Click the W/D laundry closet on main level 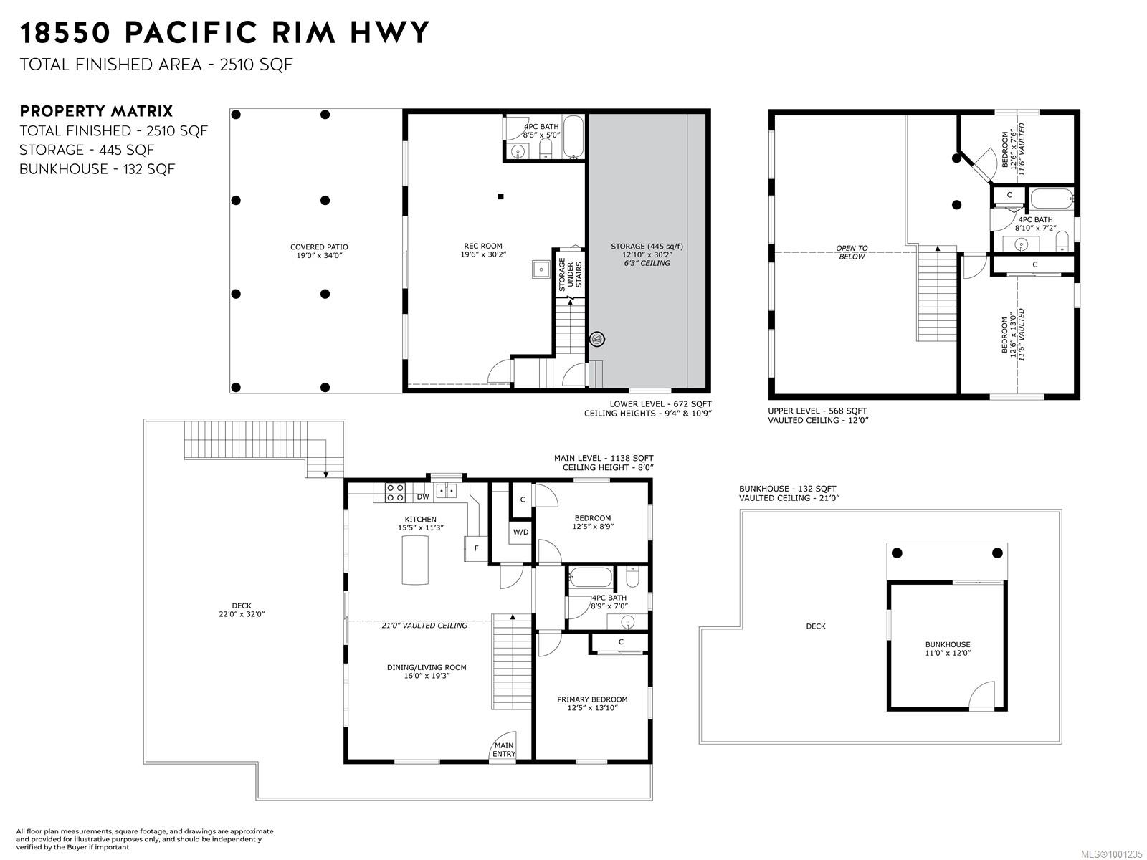click(520, 532)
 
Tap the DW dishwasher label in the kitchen click(423, 497)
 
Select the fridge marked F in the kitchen click(476, 549)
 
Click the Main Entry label click(504, 750)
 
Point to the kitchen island click(415, 560)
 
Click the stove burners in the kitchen click(395, 492)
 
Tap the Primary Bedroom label click(592, 703)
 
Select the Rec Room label click(483, 250)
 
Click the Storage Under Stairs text click(570, 274)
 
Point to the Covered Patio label click(319, 251)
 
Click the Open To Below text click(852, 252)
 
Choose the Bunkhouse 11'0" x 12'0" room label click(948, 649)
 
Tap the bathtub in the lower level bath click(573, 137)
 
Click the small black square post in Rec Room click(500, 196)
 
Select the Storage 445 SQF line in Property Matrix click(87, 150)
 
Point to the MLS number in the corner click(1110, 854)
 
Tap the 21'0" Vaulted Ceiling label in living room click(424, 625)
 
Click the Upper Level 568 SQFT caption click(817, 411)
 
